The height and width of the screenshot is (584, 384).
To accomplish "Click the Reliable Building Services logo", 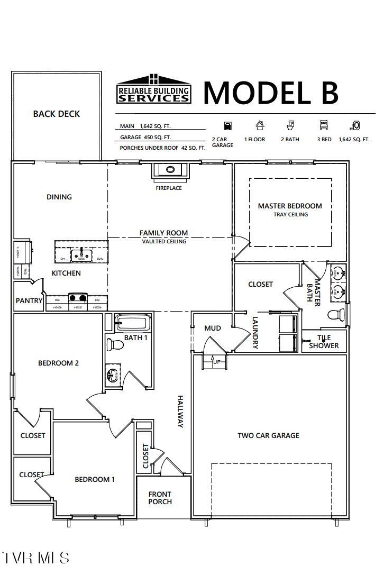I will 153,89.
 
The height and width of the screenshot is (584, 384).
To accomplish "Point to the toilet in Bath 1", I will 115,345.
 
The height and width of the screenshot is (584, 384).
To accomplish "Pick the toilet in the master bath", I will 335,315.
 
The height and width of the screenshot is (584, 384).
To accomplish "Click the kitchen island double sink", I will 81,255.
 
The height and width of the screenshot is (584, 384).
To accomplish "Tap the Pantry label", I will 29,300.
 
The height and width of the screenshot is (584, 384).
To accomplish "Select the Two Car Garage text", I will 268,435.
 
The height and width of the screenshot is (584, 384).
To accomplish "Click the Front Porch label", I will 160,498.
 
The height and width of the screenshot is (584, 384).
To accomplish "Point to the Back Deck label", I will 56,114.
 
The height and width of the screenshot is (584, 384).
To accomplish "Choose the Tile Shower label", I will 324,342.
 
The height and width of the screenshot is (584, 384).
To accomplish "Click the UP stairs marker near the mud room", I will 216,362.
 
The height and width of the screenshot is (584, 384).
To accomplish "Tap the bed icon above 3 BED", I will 324,125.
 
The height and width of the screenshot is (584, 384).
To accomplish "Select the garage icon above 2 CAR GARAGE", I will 227,125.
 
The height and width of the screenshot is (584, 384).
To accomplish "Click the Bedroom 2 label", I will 58,363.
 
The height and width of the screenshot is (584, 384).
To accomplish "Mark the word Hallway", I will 180,412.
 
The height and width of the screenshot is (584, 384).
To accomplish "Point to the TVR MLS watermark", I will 35,558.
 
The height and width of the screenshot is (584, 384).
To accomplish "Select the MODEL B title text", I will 270,92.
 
